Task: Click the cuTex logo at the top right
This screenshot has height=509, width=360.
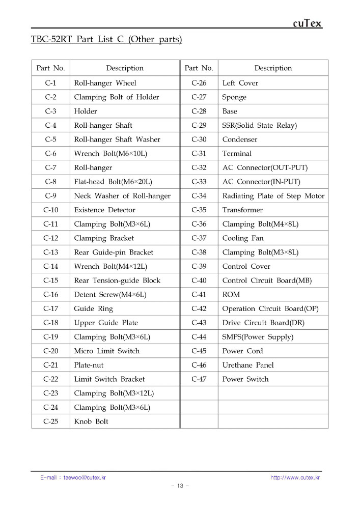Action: (x=307, y=23)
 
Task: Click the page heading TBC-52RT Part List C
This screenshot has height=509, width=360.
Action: (x=106, y=39)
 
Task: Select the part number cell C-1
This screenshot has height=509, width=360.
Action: (x=50, y=83)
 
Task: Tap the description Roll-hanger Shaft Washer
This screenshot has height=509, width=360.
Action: (x=117, y=139)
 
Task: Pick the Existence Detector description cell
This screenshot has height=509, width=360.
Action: (x=105, y=210)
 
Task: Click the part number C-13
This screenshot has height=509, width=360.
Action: (x=50, y=252)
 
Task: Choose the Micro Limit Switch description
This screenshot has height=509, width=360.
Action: (x=106, y=351)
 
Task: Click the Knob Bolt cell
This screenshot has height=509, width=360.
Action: (x=91, y=421)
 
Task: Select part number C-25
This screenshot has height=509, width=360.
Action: (x=50, y=421)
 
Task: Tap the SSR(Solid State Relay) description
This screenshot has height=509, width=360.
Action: (x=259, y=125)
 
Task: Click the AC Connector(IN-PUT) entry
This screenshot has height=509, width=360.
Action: (x=261, y=182)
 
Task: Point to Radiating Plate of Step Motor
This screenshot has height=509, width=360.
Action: (x=273, y=196)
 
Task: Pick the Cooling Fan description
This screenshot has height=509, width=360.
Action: (x=243, y=238)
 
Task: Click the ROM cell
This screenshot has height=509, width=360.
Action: (x=231, y=294)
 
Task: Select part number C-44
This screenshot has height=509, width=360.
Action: (x=199, y=337)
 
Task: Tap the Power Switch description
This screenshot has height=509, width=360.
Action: (x=245, y=379)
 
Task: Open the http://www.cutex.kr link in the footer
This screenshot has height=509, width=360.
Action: (x=295, y=477)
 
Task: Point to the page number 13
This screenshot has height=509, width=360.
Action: (x=180, y=486)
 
